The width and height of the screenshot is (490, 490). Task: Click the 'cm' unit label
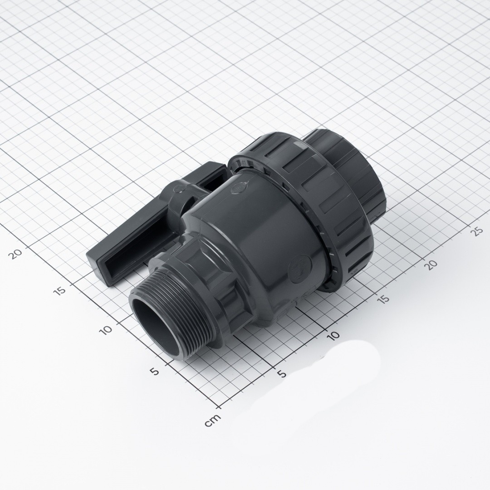tap(213, 420)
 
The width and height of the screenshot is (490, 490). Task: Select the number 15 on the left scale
tap(60, 290)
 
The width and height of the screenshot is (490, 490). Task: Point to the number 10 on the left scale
tap(106, 330)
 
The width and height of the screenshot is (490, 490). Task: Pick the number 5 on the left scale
tap(154, 371)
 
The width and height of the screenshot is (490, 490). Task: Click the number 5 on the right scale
tap(282, 374)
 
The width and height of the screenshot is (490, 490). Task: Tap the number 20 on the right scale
tap(432, 264)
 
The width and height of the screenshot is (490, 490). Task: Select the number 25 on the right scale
tap(477, 231)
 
